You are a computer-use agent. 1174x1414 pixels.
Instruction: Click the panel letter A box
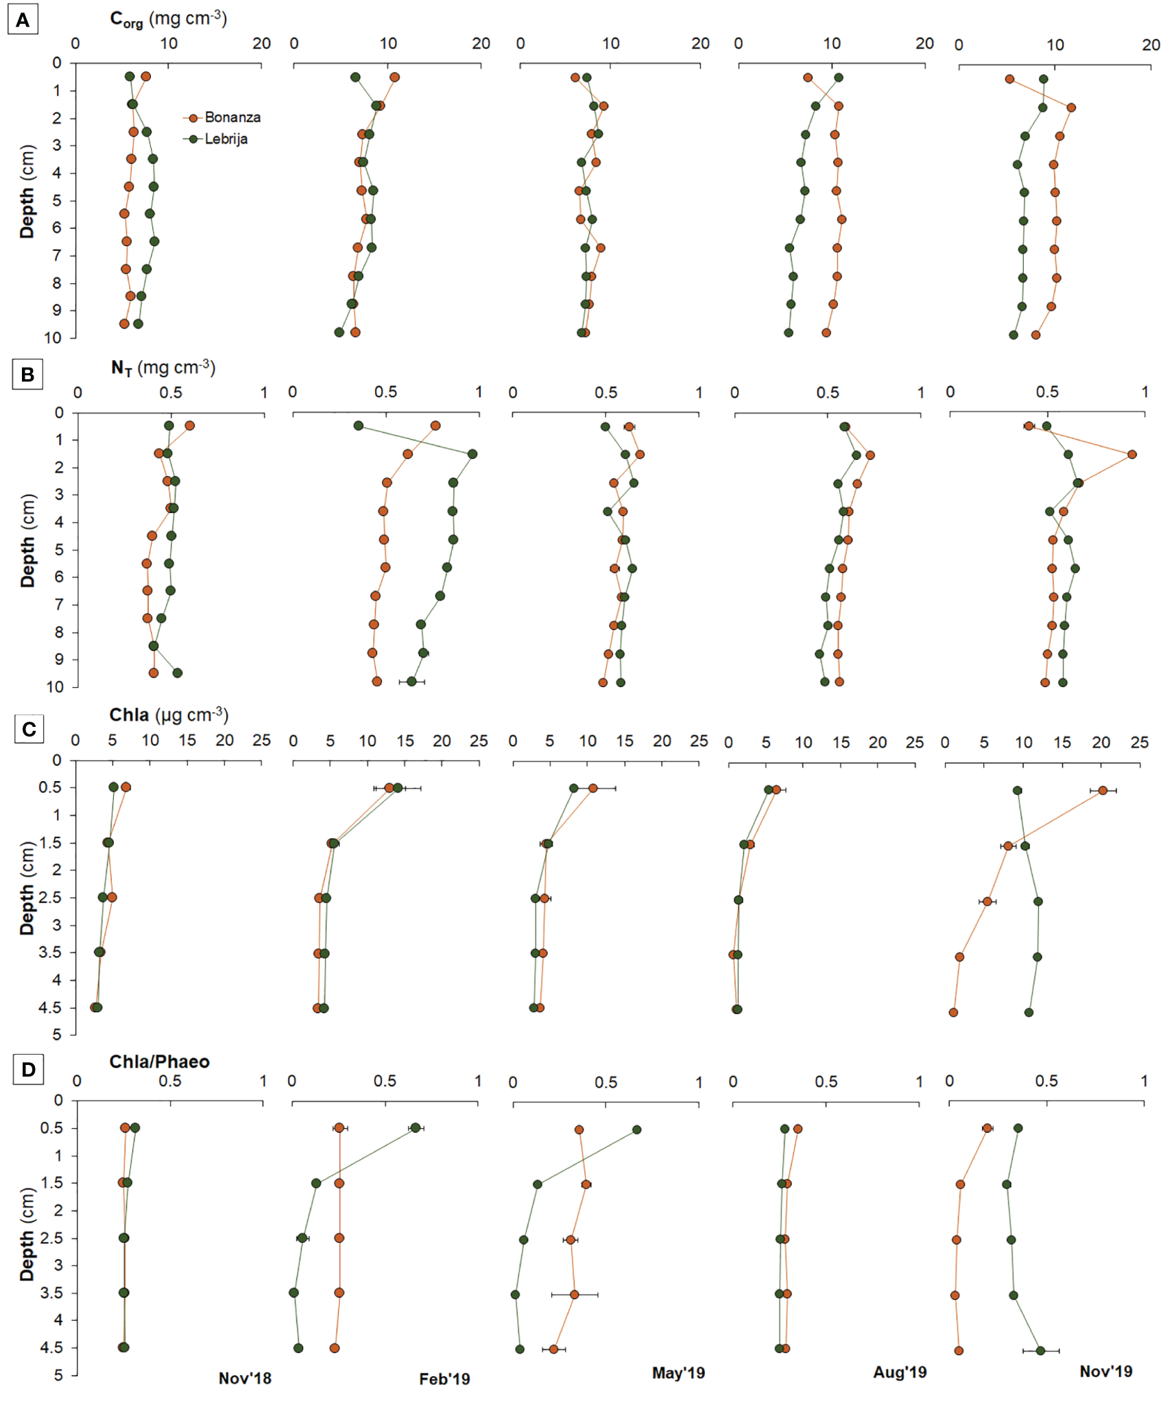coord(23,20)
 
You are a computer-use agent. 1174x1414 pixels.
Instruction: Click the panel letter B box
coord(27,374)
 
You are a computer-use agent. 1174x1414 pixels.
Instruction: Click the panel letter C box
coord(29,728)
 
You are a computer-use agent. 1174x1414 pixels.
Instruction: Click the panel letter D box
coord(28,1069)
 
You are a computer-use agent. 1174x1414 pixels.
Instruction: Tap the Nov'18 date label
coord(245,1378)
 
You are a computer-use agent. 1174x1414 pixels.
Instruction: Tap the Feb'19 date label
coord(444,1378)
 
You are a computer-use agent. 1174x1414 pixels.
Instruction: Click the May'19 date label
coord(678,1372)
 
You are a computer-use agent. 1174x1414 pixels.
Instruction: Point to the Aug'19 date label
coord(900,1371)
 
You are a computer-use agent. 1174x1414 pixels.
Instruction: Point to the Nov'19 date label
coord(1105,1371)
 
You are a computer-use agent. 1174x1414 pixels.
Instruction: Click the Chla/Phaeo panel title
coord(159,1062)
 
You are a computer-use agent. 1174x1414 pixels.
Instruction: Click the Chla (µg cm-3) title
coord(169,715)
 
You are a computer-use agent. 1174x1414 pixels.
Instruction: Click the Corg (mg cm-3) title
coord(168,19)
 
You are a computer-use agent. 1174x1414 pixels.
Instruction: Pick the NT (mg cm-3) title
coord(163,368)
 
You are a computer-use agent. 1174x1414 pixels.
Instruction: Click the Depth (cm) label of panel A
coord(27,191)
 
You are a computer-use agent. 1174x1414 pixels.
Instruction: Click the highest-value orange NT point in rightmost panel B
coord(1131,454)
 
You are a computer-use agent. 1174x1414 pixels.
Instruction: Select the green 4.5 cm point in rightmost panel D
coord(1040,1350)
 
